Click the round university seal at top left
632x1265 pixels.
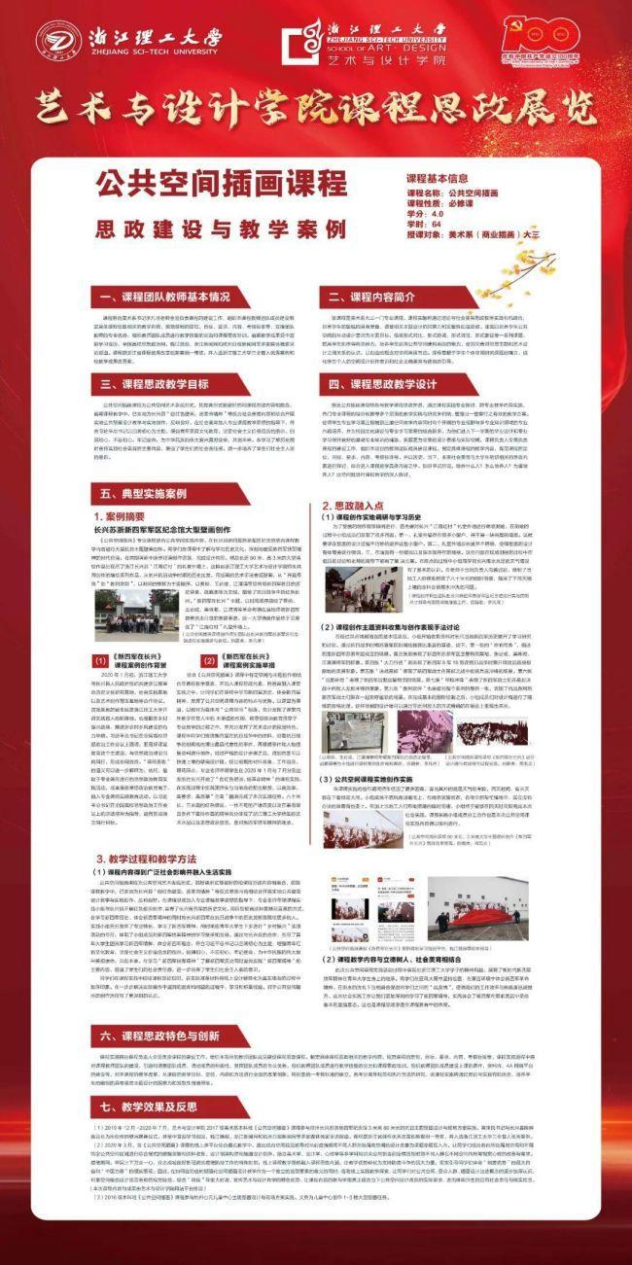[x=57, y=42]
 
